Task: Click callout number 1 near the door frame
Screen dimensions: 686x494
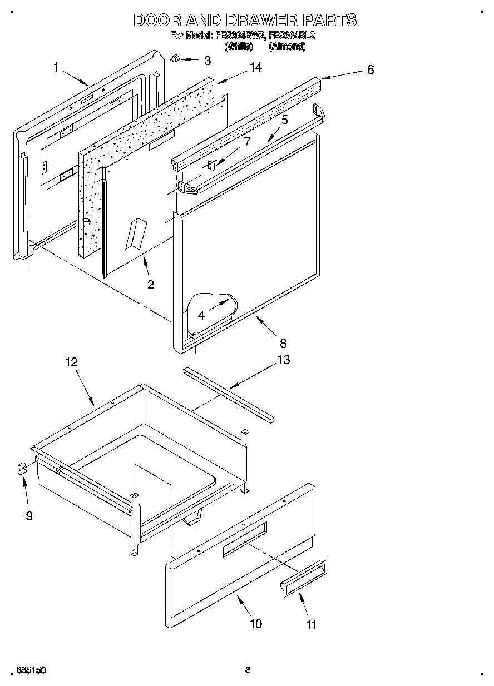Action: (56, 68)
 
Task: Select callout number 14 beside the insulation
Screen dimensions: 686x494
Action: (255, 67)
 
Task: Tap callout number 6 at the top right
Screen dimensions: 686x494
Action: (370, 69)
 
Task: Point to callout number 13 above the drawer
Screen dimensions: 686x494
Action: (283, 360)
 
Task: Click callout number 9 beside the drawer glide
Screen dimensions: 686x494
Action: (29, 516)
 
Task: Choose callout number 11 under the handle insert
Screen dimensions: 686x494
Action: (311, 624)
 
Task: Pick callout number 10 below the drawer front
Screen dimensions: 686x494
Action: (255, 623)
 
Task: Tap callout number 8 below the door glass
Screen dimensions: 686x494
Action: (283, 343)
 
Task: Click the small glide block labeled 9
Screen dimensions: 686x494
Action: (21, 470)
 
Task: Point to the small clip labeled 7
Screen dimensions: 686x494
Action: (212, 165)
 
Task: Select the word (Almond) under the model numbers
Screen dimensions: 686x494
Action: (286, 47)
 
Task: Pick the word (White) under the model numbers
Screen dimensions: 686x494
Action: (238, 47)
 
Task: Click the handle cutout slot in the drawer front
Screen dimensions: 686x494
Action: (245, 539)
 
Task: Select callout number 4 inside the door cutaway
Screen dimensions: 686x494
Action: (201, 315)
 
